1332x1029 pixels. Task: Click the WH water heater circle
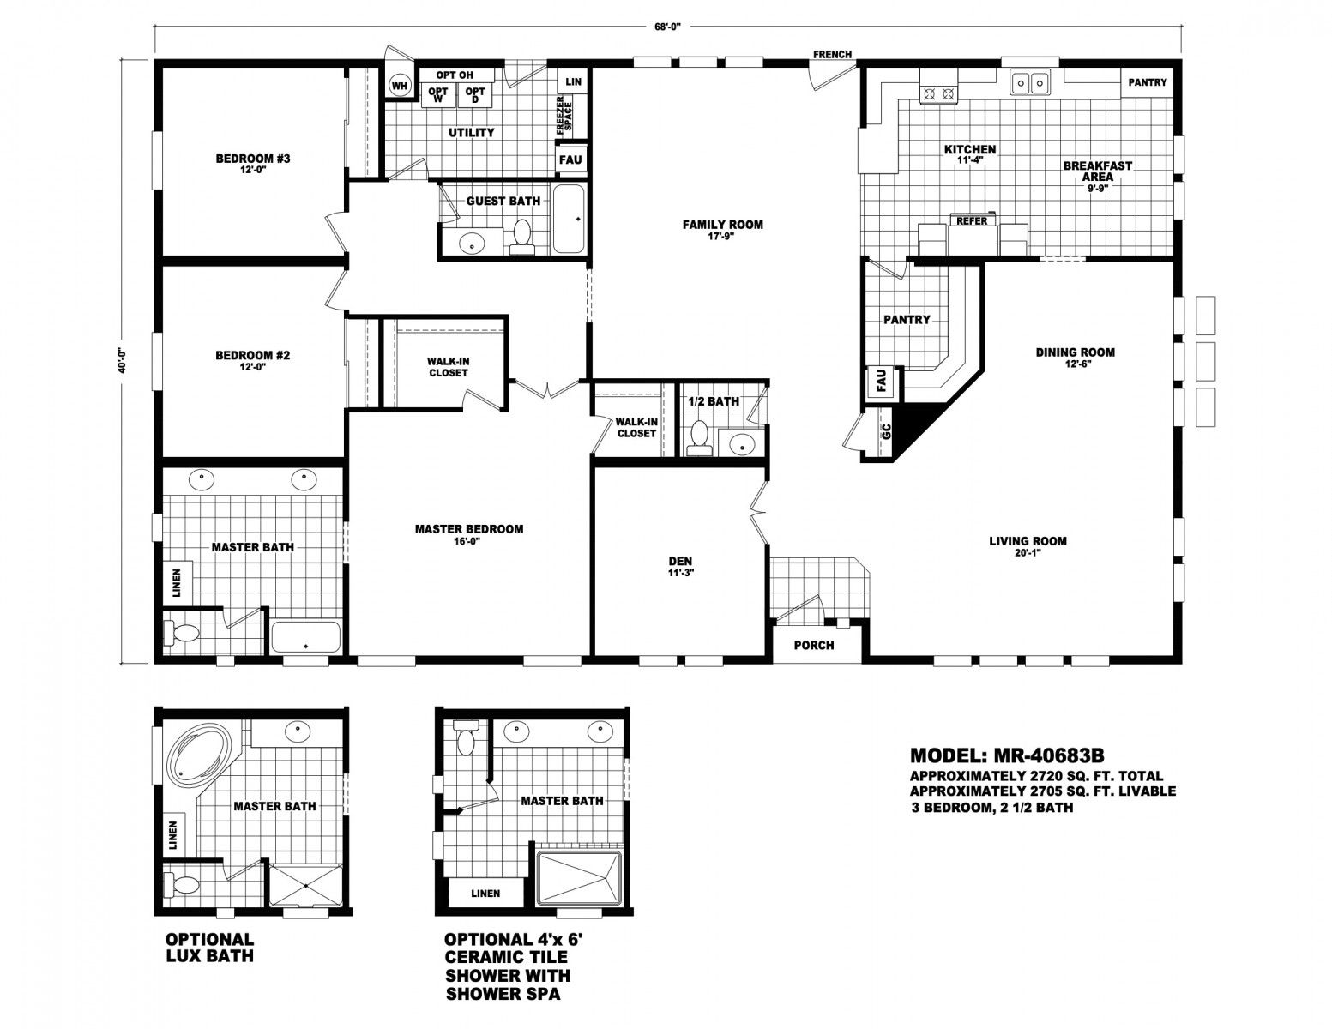coord(400,86)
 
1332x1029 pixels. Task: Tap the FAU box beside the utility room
coord(570,159)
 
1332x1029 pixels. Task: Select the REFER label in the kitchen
coord(972,220)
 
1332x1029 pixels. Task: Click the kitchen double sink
coord(1029,81)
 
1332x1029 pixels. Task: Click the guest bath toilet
coord(522,237)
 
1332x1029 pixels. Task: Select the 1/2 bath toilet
coord(698,437)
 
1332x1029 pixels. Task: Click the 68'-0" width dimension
coord(667,27)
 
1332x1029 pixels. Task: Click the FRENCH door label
coord(833,55)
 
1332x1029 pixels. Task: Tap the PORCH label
coord(813,646)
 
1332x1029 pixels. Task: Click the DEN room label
coord(680,561)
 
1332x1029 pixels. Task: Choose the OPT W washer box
coord(438,94)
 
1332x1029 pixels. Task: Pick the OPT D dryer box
coord(475,94)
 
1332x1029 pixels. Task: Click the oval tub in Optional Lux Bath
coord(196,753)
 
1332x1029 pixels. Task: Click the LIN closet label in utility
coord(573,81)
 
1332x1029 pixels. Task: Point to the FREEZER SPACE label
coord(564,116)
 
